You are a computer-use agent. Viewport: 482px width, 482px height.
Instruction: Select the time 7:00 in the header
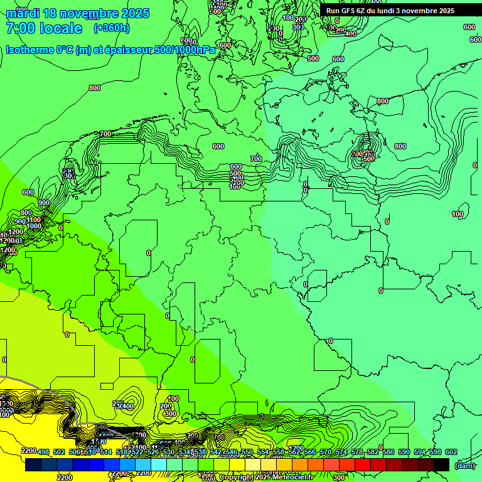20,28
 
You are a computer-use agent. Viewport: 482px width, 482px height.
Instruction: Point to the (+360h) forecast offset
111,28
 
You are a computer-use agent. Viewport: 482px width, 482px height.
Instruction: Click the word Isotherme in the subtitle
29,50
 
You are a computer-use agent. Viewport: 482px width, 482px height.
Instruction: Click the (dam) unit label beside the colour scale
464,465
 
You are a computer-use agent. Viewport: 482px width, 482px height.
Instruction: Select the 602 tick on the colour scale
451,453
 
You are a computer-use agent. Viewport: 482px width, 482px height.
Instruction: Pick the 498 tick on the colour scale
43,453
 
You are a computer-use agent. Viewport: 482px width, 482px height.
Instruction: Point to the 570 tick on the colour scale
325,453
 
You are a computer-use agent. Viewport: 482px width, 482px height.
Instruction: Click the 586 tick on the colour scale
388,453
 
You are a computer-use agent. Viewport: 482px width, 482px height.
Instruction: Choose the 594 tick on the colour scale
419,453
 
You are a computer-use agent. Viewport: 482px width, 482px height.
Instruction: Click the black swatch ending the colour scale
441,464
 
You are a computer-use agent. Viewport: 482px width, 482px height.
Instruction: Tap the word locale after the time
61,28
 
